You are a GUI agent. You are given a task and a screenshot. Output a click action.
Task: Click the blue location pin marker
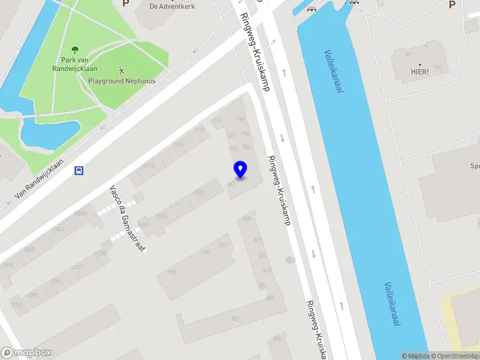pos(240,169)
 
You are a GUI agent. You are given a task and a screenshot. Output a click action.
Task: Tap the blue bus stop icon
pos(79,170)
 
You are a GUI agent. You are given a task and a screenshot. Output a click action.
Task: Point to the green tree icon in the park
pos(75,50)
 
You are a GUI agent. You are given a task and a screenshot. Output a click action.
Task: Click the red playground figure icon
pos(122,70)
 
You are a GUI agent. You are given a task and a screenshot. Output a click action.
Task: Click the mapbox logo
pos(25,353)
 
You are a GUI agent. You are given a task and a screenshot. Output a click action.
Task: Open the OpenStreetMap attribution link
pos(454,356)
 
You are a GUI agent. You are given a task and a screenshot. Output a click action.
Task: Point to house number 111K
pos(200,130)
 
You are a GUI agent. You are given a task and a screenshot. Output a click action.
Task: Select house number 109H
pos(198,193)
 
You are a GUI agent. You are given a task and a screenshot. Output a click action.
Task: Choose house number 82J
pos(236,318)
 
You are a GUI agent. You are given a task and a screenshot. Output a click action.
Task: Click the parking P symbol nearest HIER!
pos(452,5)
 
